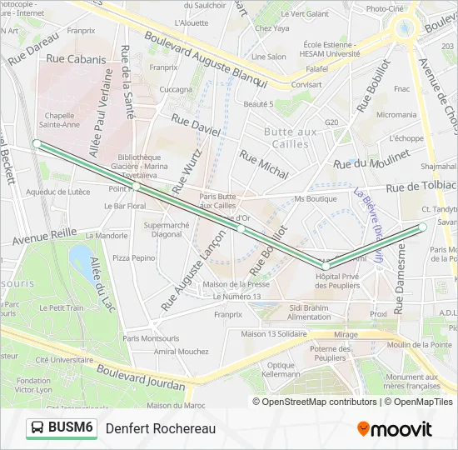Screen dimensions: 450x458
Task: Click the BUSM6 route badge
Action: (x=62, y=428)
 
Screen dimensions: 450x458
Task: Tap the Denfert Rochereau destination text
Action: (x=160, y=428)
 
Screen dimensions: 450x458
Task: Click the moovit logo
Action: (x=395, y=429)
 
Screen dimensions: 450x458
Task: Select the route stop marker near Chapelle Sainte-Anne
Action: (x=37, y=143)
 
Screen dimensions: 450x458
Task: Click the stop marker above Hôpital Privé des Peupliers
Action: (x=326, y=266)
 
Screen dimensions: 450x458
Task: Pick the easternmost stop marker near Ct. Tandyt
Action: (x=422, y=227)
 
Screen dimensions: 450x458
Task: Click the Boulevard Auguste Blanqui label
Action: (x=205, y=58)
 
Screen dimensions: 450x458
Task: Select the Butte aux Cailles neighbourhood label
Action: (x=291, y=137)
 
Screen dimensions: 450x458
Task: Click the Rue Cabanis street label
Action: (x=77, y=59)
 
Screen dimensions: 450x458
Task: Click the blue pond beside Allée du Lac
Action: (x=81, y=255)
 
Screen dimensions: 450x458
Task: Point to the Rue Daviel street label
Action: (x=196, y=126)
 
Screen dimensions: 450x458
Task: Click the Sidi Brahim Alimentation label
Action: (x=309, y=312)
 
